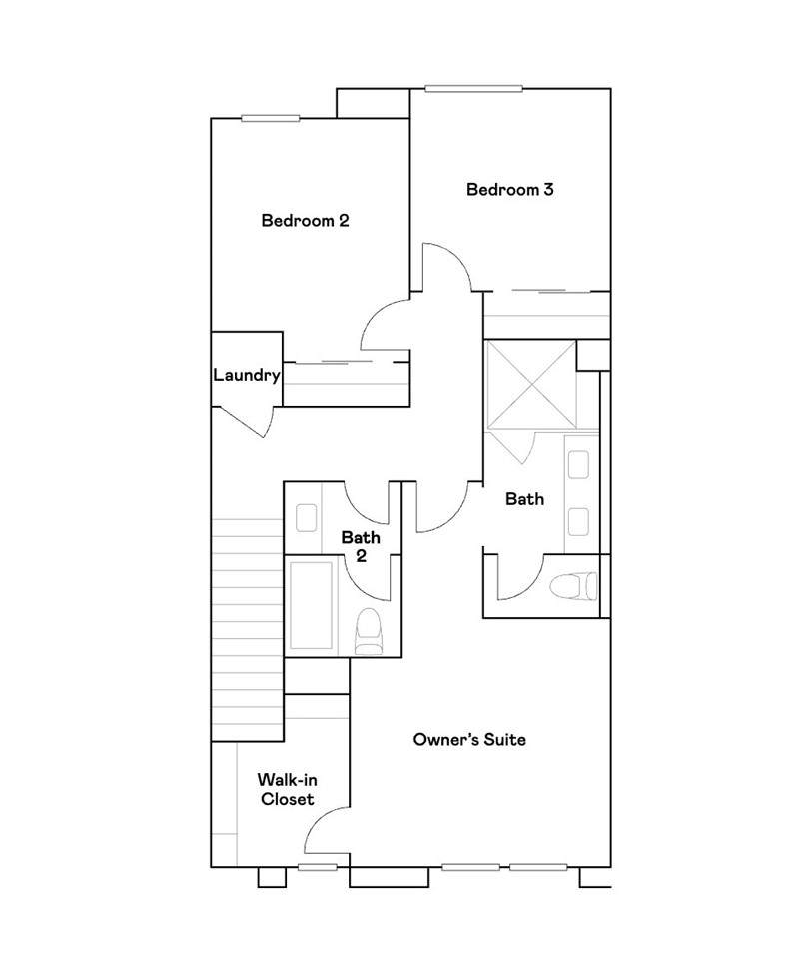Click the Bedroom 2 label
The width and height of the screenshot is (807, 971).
pyautogui.click(x=305, y=221)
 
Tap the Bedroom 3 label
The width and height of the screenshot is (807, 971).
pyautogui.click(x=509, y=190)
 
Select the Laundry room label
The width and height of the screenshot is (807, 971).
pyautogui.click(x=247, y=376)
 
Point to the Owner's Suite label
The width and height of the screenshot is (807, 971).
pyautogui.click(x=469, y=740)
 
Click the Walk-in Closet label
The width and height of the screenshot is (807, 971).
pyautogui.click(x=288, y=789)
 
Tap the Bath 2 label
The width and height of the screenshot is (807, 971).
pyautogui.click(x=361, y=546)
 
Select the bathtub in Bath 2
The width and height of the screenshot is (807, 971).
pyautogui.click(x=311, y=605)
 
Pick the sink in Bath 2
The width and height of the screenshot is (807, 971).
pyautogui.click(x=307, y=517)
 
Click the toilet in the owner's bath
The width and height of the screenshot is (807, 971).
pyautogui.click(x=573, y=586)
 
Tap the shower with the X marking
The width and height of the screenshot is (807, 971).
pyautogui.click(x=531, y=384)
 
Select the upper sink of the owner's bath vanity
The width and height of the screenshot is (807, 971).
pyautogui.click(x=578, y=464)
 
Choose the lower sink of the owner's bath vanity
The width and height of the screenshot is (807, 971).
pyautogui.click(x=578, y=521)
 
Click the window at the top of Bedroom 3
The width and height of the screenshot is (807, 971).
pyautogui.click(x=473, y=89)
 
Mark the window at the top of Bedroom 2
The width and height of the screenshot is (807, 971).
pyautogui.click(x=271, y=118)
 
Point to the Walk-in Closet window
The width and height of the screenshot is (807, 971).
pyautogui.click(x=317, y=867)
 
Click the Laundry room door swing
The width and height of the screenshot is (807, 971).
pyautogui.click(x=248, y=423)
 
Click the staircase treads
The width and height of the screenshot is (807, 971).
pyautogui.click(x=248, y=629)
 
